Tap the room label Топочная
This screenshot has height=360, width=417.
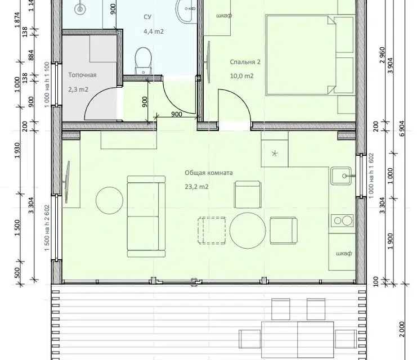(82, 75)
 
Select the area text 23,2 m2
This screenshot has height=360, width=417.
(196, 187)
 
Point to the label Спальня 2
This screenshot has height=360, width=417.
(245, 62)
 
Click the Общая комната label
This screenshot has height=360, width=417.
(209, 173)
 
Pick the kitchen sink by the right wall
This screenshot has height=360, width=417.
(341, 175)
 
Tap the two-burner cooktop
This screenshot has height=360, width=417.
(342, 220)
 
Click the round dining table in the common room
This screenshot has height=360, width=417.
(248, 231)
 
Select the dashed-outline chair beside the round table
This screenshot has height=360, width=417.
(212, 230)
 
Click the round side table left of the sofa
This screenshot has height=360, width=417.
(110, 200)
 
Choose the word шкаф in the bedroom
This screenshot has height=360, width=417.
(224, 15)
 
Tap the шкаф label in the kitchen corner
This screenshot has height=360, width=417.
(344, 253)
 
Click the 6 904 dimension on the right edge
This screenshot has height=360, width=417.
(402, 129)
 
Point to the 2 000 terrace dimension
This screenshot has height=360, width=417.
(402, 329)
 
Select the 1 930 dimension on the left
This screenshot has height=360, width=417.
(17, 151)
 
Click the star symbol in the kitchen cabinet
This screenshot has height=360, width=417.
(275, 154)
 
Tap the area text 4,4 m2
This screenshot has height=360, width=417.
(154, 31)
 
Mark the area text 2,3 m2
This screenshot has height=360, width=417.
(78, 89)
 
